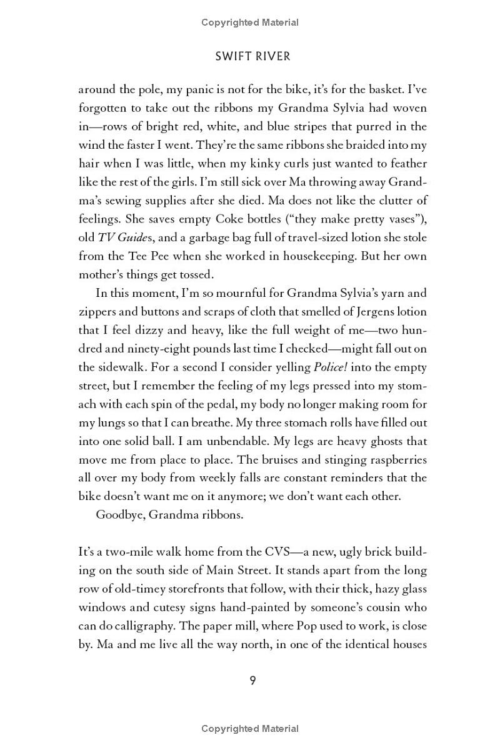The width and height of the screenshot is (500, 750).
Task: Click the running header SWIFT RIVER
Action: click(252, 56)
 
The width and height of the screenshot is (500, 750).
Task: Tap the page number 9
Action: click(252, 681)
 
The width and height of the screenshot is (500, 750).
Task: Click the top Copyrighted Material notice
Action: click(250, 22)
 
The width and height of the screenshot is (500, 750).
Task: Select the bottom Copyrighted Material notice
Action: click(250, 729)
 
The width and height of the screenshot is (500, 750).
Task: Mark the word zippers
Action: click(97, 311)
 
